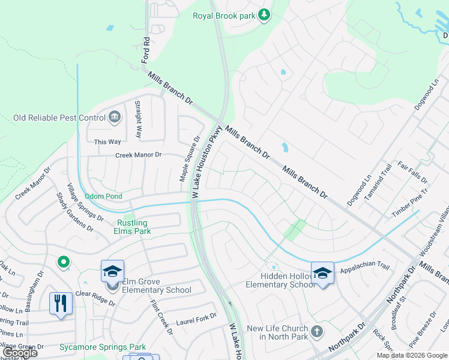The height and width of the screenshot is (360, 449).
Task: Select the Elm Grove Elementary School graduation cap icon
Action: click(x=112, y=272)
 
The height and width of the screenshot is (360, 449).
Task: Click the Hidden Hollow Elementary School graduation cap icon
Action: click(x=322, y=273)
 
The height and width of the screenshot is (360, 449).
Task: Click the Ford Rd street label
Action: click(x=145, y=51)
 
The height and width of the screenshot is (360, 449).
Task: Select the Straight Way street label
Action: click(x=137, y=119)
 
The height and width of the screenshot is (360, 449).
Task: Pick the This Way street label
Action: click(x=107, y=142)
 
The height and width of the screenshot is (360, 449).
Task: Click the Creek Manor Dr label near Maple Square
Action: click(x=139, y=155)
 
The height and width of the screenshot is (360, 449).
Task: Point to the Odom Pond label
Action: click(x=103, y=196)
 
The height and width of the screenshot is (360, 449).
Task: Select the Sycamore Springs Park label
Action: click(x=103, y=347)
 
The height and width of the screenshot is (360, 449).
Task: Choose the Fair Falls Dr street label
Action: click(x=412, y=172)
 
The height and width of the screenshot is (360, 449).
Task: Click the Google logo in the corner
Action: click(x=20, y=353)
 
